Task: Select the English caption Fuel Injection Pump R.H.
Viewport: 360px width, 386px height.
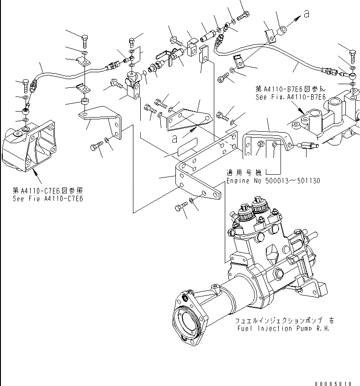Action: pos(283,328)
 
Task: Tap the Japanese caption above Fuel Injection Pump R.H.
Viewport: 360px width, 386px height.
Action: pos(284,321)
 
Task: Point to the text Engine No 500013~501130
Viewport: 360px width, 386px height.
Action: pos(273,181)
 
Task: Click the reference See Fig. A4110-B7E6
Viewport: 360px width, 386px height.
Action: pos(291,97)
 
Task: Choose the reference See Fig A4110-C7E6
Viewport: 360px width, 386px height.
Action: pos(49,198)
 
